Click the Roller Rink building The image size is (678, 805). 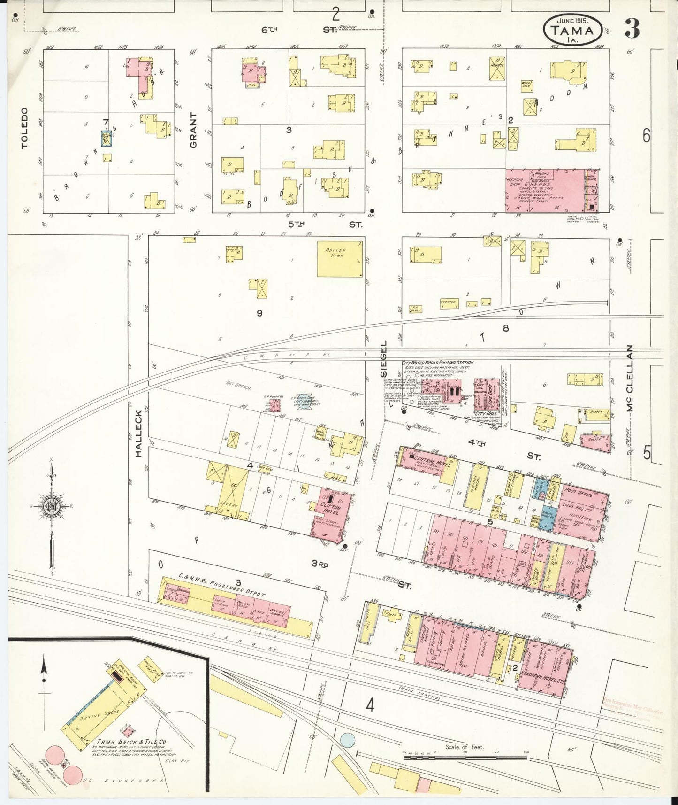[x=340, y=259]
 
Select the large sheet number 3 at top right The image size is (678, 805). [x=632, y=30]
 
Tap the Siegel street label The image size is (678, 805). [x=384, y=359]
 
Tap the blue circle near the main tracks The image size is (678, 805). [x=347, y=739]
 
